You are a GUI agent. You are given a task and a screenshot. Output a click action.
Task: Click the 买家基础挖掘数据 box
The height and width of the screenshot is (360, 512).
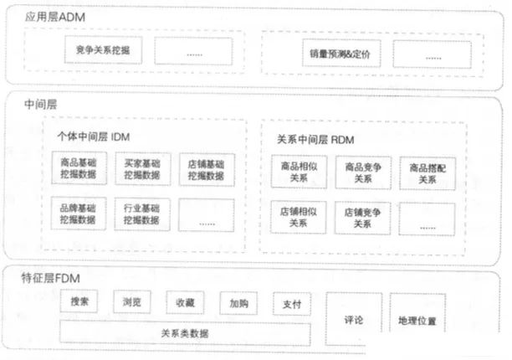141,169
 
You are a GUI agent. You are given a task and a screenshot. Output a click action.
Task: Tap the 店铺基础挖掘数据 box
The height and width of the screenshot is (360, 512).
206,169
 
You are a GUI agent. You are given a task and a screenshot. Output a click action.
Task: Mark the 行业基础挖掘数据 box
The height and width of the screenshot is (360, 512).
141,213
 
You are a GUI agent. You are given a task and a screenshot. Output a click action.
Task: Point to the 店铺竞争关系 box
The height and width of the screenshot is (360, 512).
362,218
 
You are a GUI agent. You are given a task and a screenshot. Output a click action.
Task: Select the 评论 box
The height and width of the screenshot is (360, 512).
352,319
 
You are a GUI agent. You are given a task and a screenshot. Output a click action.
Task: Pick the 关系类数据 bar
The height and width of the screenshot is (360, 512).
185,332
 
